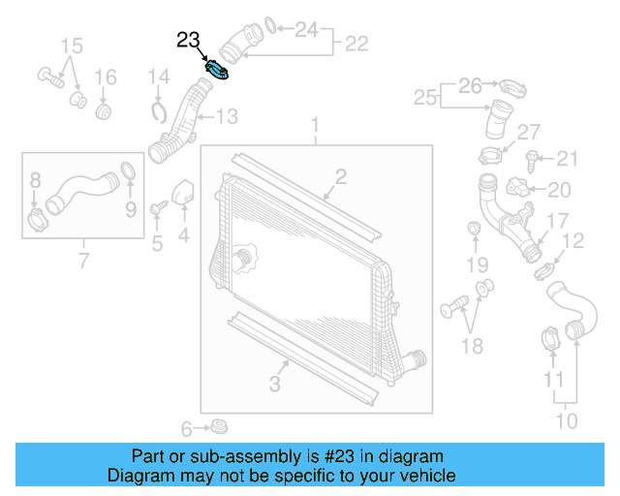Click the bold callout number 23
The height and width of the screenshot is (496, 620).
click(188, 41)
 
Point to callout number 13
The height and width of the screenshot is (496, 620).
click(226, 117)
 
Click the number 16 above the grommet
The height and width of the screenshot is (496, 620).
click(105, 77)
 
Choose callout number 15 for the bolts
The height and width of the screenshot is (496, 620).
click(72, 46)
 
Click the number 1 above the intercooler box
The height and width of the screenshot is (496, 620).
click(315, 125)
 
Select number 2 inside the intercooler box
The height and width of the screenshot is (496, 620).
click(341, 175)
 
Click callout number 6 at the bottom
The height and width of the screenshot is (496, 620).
click(187, 428)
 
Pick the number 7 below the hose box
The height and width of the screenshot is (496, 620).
click(83, 261)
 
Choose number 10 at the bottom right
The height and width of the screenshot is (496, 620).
click(567, 420)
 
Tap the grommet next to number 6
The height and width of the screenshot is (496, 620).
click(220, 426)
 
